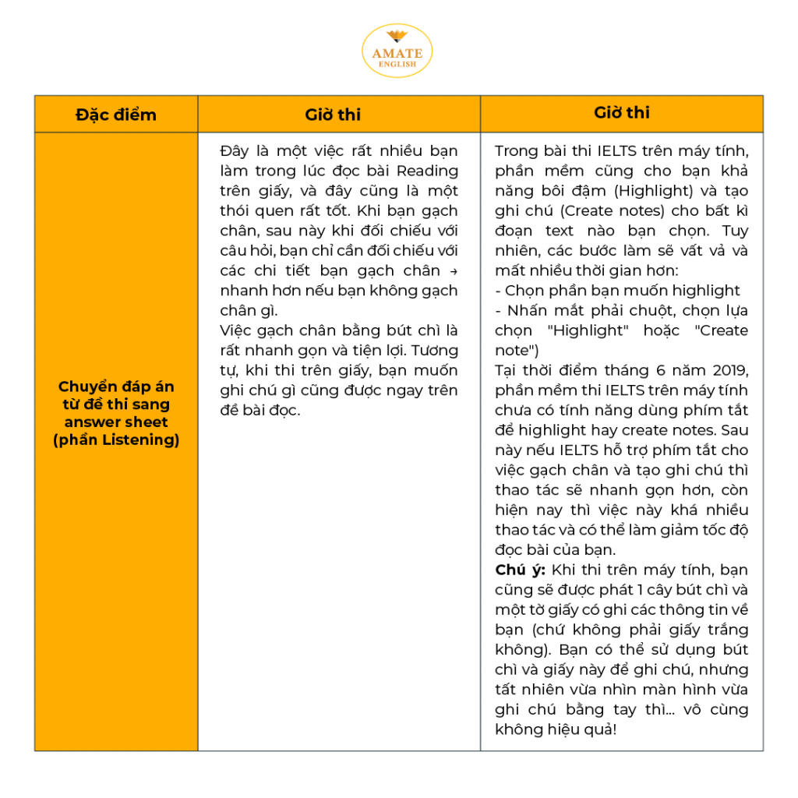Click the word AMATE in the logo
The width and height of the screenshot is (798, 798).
[397, 54]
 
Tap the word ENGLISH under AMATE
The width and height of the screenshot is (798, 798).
[397, 64]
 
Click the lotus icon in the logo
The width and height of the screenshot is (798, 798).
[397, 37]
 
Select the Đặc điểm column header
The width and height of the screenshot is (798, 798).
[116, 115]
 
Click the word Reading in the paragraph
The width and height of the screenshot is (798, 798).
[427, 171]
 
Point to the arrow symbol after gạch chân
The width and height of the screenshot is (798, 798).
[454, 271]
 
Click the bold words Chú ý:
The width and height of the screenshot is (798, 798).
[519, 570]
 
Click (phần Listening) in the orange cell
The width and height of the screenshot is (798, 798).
[116, 440]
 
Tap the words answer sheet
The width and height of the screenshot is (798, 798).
[116, 422]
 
